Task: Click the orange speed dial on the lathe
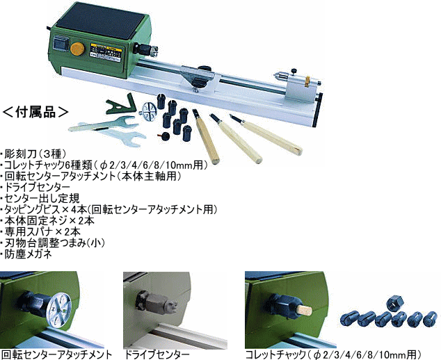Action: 77,49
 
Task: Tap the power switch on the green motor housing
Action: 60,44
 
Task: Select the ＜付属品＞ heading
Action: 35,113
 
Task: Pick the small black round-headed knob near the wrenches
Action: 166,136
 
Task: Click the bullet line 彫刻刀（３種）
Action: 33,154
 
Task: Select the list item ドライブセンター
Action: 35,187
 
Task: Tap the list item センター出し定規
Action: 40,198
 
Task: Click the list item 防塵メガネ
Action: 26,254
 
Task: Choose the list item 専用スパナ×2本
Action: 40,232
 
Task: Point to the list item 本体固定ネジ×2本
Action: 47,220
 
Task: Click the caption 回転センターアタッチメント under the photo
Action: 56,354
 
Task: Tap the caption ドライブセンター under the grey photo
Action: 157,354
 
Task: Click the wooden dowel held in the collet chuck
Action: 305,310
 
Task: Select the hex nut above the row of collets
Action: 395,303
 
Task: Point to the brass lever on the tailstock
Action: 307,81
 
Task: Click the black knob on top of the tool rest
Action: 205,68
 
